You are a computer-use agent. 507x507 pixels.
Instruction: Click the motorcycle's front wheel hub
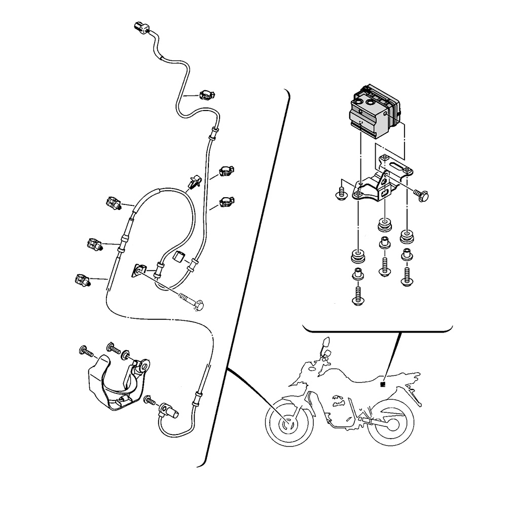coord(287,422)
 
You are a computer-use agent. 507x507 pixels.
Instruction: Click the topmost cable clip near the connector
coord(207,94)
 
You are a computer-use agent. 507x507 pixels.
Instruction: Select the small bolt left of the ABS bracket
coord(342,194)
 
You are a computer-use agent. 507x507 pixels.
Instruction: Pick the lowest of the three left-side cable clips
coord(82,279)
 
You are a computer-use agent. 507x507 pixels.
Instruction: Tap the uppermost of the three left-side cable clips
coord(114,203)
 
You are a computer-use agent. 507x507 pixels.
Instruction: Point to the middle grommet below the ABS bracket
coord(385,224)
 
